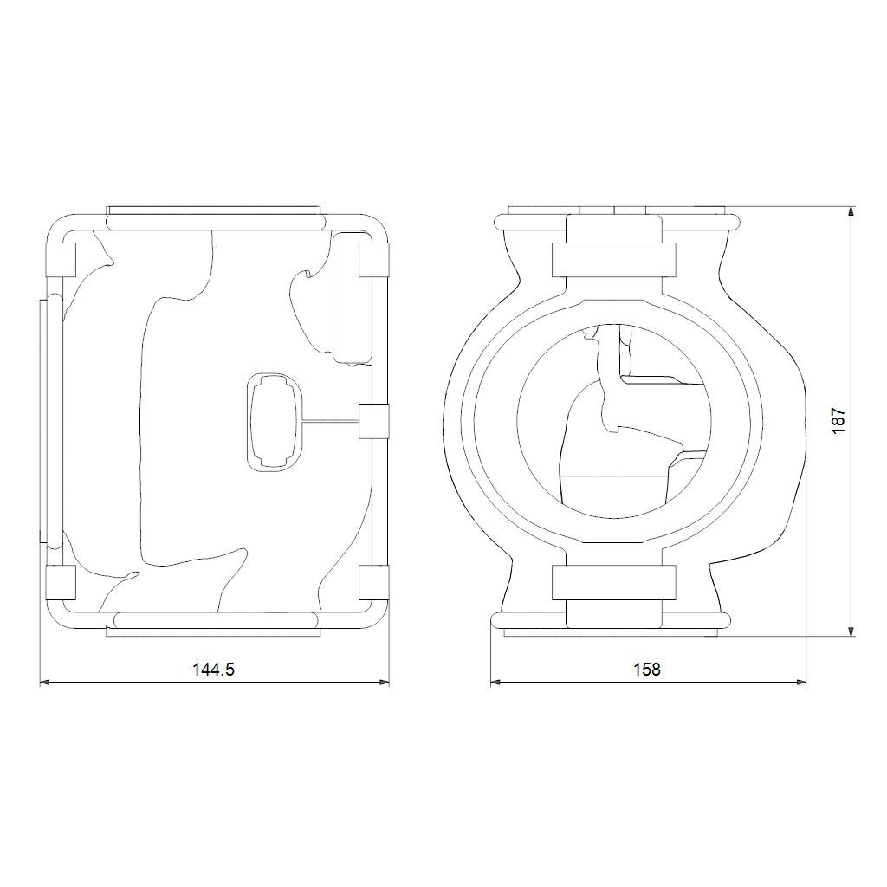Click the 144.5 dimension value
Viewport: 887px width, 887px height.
coord(213,670)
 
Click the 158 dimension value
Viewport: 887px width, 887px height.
coord(646,670)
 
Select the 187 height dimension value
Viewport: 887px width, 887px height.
coord(838,421)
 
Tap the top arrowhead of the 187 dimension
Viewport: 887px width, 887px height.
coord(851,213)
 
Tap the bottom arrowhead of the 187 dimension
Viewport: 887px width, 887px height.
coord(851,631)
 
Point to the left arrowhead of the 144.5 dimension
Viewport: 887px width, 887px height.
coord(46,683)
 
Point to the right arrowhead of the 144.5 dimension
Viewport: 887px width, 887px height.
coord(384,683)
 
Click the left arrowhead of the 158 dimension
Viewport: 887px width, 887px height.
coord(496,683)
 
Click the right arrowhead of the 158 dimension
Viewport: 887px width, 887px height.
coord(800,683)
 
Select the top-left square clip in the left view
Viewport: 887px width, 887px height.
coord(61,260)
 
